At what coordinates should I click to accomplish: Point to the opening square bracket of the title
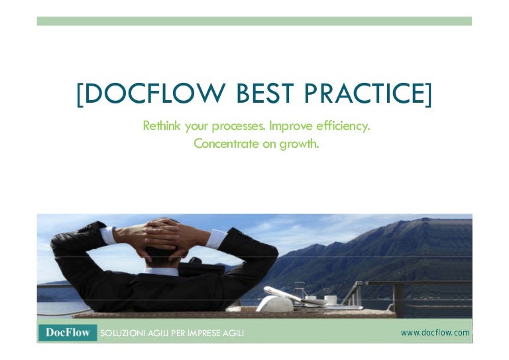80,95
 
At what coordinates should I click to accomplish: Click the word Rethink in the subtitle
162,125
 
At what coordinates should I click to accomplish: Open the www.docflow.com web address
435,332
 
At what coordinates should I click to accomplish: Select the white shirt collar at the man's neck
162,271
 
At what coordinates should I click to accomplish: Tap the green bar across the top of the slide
254,21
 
